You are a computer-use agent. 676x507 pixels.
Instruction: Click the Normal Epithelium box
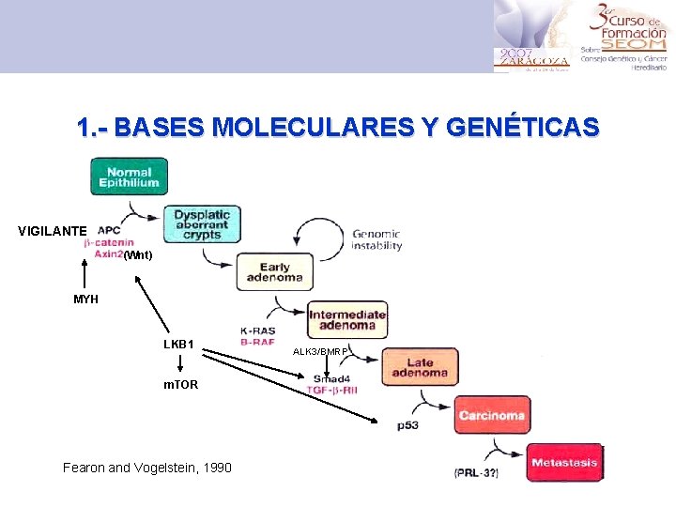129,177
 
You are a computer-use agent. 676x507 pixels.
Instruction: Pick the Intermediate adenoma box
347,319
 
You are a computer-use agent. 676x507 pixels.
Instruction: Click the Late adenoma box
420,366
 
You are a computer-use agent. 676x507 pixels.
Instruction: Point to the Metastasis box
564,463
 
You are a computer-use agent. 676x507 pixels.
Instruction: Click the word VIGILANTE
53,231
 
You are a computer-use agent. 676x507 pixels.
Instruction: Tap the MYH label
85,300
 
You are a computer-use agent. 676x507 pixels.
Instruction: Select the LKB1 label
178,345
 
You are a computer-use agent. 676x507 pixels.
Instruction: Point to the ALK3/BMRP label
321,351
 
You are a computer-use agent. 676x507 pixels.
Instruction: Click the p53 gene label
407,425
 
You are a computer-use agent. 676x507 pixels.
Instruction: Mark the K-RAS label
257,330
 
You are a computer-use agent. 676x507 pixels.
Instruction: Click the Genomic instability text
376,240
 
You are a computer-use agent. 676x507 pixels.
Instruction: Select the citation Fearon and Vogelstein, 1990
146,468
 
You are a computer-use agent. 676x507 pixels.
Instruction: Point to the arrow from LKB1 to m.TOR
179,365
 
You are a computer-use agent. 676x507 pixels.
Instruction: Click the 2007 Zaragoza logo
531,56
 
